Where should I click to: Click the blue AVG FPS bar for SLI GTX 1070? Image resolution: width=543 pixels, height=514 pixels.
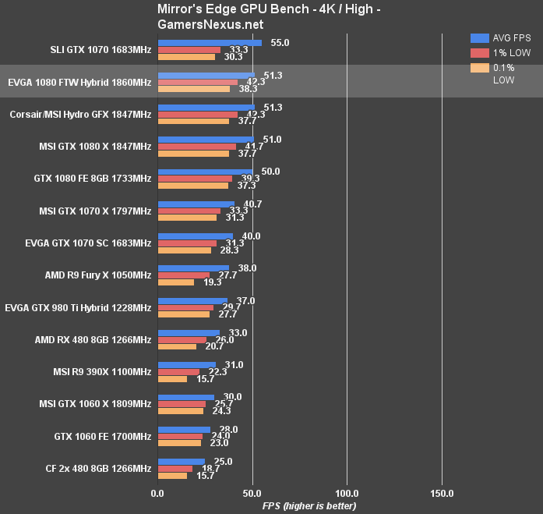[x=209, y=43]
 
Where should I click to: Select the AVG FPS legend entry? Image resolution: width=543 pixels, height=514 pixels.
[x=510, y=37]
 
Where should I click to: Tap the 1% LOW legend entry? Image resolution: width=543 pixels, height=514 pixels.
[x=511, y=53]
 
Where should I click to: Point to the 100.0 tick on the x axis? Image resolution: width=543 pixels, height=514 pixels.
[x=346, y=493]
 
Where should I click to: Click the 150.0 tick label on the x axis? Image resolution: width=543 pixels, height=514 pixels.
[x=441, y=493]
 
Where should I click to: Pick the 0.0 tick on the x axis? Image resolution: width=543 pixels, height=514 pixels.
[x=157, y=493]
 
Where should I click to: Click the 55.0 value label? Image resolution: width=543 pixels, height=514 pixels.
[x=280, y=43]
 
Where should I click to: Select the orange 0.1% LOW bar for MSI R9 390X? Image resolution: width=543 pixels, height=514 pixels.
[x=172, y=379]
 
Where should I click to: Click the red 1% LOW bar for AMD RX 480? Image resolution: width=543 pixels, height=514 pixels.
[x=182, y=340]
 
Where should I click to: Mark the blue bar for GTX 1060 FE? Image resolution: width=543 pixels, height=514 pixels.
[x=184, y=429]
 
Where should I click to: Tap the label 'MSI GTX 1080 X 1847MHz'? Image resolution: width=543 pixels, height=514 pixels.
[x=95, y=146]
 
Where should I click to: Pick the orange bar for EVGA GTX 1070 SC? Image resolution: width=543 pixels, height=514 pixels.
[x=184, y=250]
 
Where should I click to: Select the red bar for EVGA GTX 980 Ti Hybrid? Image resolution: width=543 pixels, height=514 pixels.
[x=185, y=307]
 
